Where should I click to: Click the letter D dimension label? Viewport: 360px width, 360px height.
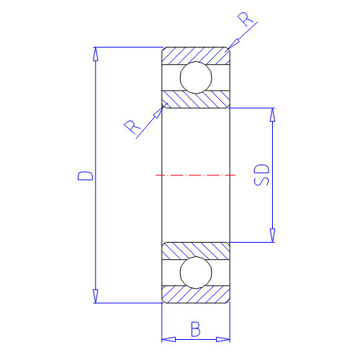tap(85, 176)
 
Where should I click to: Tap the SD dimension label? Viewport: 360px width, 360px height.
tap(261, 175)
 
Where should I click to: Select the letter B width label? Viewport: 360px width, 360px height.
tap(196, 329)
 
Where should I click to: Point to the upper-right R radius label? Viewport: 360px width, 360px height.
tap(246, 19)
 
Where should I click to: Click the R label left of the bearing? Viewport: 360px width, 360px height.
tap(132, 127)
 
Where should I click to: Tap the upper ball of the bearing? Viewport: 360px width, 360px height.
tap(196, 78)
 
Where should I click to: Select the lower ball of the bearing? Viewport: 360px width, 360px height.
tap(196, 272)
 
